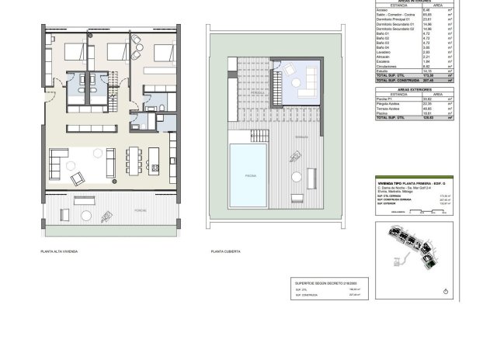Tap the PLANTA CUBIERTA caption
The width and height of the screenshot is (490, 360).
225,251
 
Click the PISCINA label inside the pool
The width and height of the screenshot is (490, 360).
251,176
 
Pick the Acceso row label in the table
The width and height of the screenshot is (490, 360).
383,10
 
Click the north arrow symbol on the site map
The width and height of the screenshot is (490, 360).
446,292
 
